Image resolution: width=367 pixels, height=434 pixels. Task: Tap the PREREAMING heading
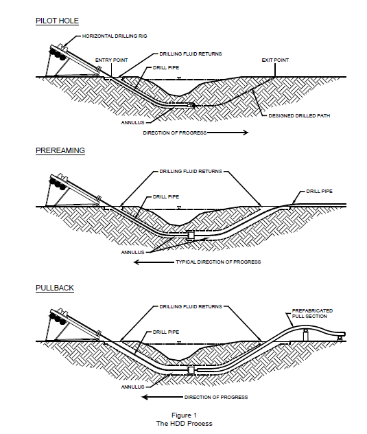coord(60,150)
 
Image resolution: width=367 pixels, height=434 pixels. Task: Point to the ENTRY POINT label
coord(111,60)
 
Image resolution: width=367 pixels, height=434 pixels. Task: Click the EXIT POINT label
coord(275,60)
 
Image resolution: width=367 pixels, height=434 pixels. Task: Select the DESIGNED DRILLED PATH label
coord(299,115)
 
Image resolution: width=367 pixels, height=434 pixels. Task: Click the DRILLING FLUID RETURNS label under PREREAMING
coord(191,171)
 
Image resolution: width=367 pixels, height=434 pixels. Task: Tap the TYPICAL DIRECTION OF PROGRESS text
coord(218,262)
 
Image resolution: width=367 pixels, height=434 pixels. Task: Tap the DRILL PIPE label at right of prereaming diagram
coord(319,192)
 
